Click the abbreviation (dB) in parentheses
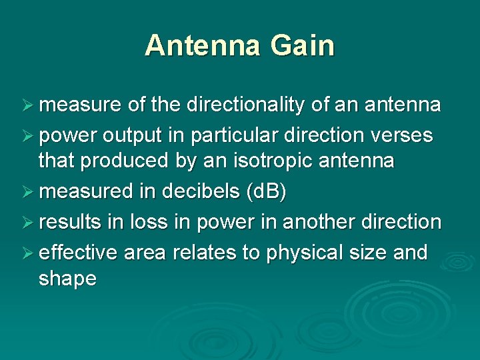[x=266, y=192]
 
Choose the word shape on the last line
[x=67, y=279]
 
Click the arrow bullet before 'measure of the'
[x=29, y=105]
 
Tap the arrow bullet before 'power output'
[x=29, y=136]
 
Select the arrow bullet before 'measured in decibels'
[x=29, y=193]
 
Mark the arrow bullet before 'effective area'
[x=29, y=253]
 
